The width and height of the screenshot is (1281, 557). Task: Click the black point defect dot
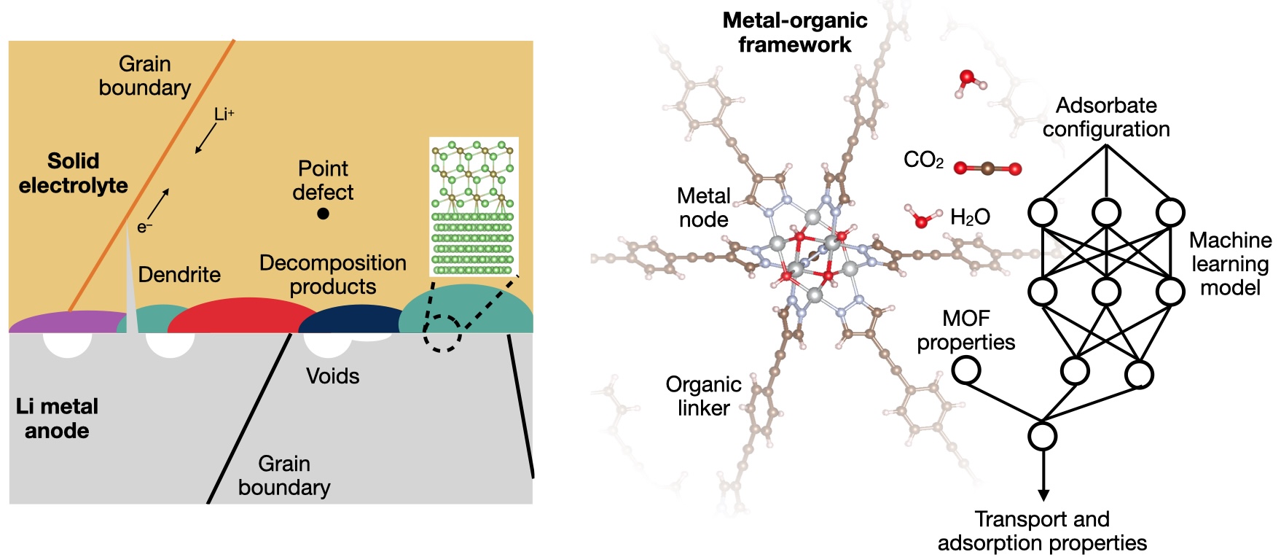[x=324, y=214]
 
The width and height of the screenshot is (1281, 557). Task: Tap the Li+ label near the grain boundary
[x=224, y=114]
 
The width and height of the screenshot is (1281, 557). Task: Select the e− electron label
[x=145, y=228]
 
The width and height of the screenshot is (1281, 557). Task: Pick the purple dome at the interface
[x=66, y=322]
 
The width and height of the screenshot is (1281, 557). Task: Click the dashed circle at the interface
[x=442, y=333]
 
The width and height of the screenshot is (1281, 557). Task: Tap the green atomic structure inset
[x=474, y=206]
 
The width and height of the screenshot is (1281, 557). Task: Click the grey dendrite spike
[x=130, y=292]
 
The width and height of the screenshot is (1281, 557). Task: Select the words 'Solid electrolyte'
[x=73, y=173]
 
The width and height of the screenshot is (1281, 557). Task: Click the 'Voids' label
[x=333, y=376]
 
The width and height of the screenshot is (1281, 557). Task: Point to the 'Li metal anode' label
[x=57, y=418]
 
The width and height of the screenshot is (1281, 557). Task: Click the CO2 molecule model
[x=987, y=168]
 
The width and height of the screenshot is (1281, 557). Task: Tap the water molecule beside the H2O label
[x=921, y=217]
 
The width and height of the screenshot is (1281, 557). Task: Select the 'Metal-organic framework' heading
[x=794, y=32]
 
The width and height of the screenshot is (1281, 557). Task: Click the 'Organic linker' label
[x=703, y=396]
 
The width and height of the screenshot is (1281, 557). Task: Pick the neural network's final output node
[x=1043, y=437]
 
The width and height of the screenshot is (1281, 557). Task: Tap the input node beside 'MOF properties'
[x=966, y=371]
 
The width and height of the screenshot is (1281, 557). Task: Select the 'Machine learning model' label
[x=1230, y=264]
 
